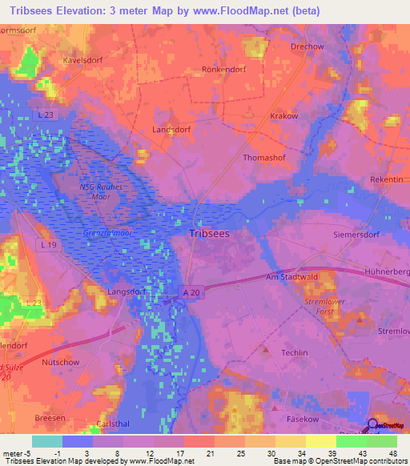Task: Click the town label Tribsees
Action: tap(212, 233)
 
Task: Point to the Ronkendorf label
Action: tap(221, 69)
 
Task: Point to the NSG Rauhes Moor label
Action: tap(100, 192)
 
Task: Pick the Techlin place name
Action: tap(295, 352)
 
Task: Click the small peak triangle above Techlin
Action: tap(266, 348)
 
